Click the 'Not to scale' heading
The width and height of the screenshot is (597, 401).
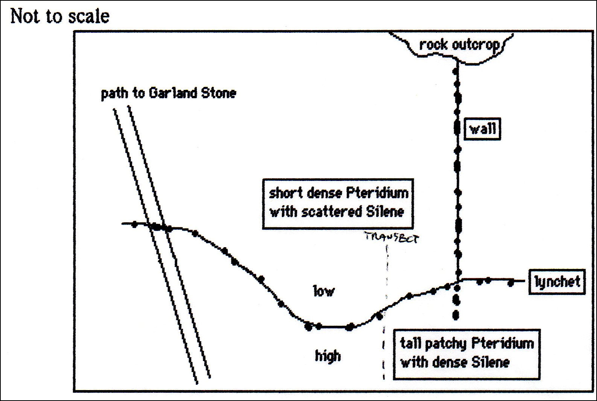pos(60,17)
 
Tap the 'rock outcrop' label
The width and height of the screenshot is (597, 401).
pos(459,45)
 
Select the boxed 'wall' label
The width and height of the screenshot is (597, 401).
pos(482,129)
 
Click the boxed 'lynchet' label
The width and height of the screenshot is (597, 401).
pos(557,281)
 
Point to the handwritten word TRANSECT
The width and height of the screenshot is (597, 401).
pos(391,237)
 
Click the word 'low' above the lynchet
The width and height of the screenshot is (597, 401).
pos(324,291)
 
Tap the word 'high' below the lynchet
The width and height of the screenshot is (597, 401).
pos(328,355)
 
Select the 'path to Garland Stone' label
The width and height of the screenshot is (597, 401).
pos(168,93)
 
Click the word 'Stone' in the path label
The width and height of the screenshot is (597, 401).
pos(219,93)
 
